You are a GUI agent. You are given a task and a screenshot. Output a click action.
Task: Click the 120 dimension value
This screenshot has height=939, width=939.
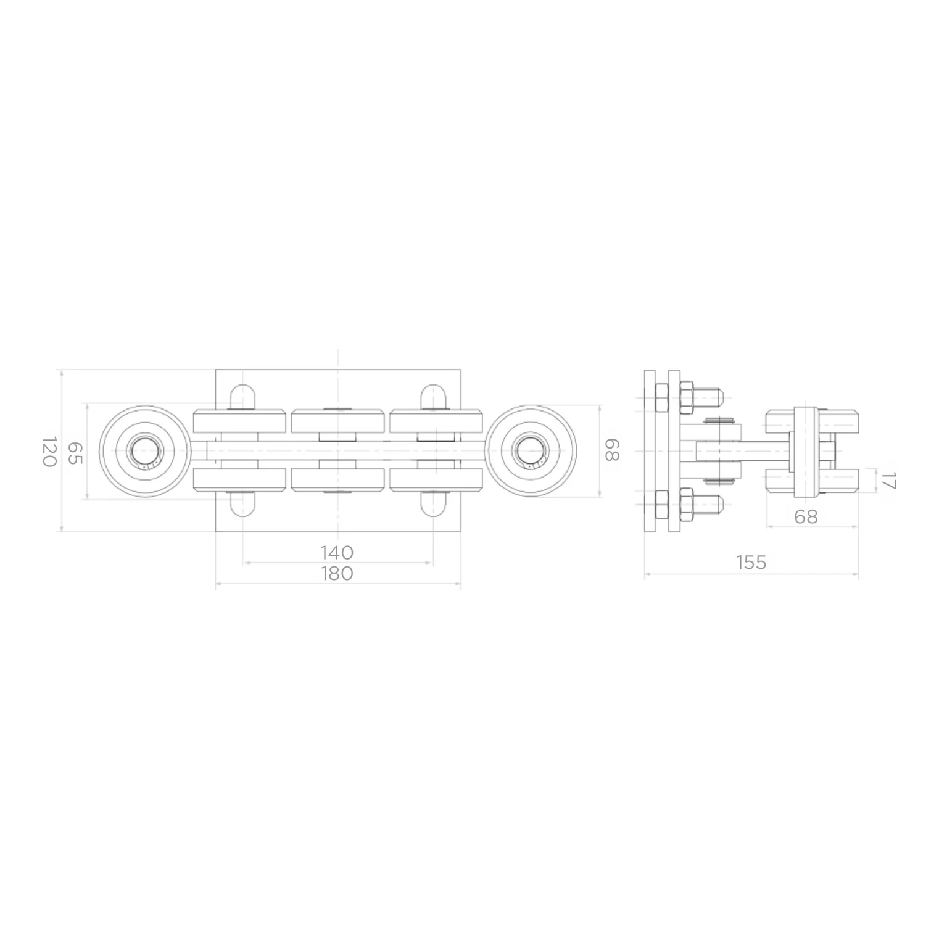click(49, 452)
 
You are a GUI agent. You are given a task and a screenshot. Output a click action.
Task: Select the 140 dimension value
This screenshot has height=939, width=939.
click(337, 552)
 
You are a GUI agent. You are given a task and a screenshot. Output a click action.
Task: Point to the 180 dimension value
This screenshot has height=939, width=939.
click(337, 573)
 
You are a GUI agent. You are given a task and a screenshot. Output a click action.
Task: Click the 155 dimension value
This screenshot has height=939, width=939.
click(751, 563)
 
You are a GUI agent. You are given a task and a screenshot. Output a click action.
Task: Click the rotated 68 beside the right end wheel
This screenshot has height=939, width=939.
click(611, 450)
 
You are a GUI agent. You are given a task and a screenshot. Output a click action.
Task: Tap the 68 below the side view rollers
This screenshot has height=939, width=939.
click(806, 516)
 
